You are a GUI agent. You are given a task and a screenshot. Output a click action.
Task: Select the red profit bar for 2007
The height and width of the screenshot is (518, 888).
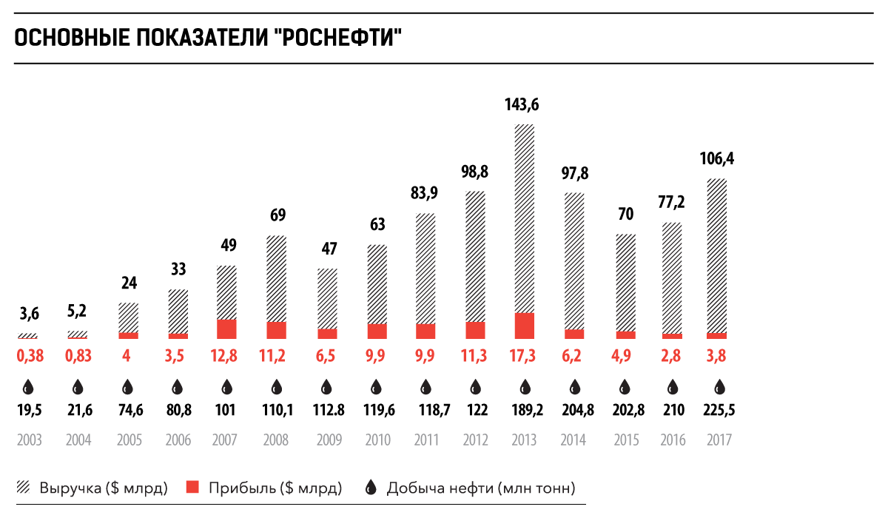[x=226, y=329]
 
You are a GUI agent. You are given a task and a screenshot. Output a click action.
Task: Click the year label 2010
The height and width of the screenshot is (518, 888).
[x=377, y=440]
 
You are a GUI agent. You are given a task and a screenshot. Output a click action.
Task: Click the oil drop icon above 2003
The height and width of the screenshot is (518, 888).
[x=28, y=387]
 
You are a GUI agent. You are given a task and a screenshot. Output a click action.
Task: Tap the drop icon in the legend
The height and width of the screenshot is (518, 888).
[x=371, y=488]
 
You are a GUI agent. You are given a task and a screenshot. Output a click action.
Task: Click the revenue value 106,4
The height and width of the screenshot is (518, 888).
[x=718, y=158]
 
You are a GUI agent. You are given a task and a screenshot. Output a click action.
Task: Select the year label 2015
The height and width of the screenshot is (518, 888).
[x=625, y=440]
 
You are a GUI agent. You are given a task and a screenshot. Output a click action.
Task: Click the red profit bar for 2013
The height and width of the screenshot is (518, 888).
[x=525, y=326]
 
